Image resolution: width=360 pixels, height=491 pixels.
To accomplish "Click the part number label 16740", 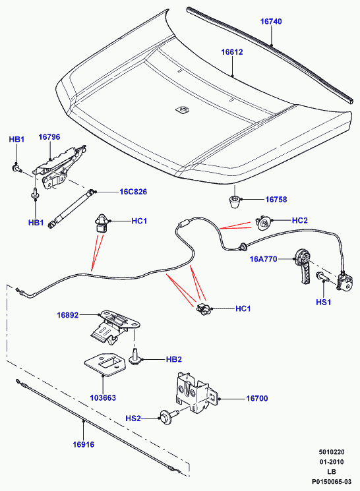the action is (271, 22).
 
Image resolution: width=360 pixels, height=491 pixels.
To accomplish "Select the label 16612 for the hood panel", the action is (232, 52).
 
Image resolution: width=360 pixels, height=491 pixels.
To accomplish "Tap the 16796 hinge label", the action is (49, 137).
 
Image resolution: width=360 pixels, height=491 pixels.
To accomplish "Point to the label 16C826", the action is (133, 192).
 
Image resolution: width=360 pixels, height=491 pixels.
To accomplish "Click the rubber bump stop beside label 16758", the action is (235, 202).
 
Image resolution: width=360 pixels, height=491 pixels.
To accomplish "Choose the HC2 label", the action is (300, 220).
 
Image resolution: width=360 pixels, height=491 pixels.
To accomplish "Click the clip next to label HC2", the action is (264, 223).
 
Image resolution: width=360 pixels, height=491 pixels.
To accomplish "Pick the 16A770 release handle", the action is (303, 266).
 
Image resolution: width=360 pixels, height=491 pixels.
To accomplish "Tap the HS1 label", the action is (324, 302).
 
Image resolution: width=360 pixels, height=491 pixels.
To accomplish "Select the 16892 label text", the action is (68, 315).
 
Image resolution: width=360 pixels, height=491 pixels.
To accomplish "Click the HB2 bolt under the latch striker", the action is (135, 357).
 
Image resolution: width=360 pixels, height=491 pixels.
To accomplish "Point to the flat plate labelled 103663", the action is (105, 364).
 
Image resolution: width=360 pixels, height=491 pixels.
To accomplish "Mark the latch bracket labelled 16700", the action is (195, 393).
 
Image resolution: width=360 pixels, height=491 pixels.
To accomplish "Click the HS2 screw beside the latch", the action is (169, 417).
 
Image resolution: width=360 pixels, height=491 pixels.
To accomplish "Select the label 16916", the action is (83, 445).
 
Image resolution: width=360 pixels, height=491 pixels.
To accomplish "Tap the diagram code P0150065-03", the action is (332, 482).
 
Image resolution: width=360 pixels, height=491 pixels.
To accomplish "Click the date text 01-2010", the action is (332, 462).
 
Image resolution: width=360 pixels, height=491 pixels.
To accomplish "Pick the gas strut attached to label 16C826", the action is (71, 208).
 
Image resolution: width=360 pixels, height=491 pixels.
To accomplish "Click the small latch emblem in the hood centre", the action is (182, 109).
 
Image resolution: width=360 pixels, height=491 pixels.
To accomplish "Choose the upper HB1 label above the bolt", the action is (16, 139).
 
